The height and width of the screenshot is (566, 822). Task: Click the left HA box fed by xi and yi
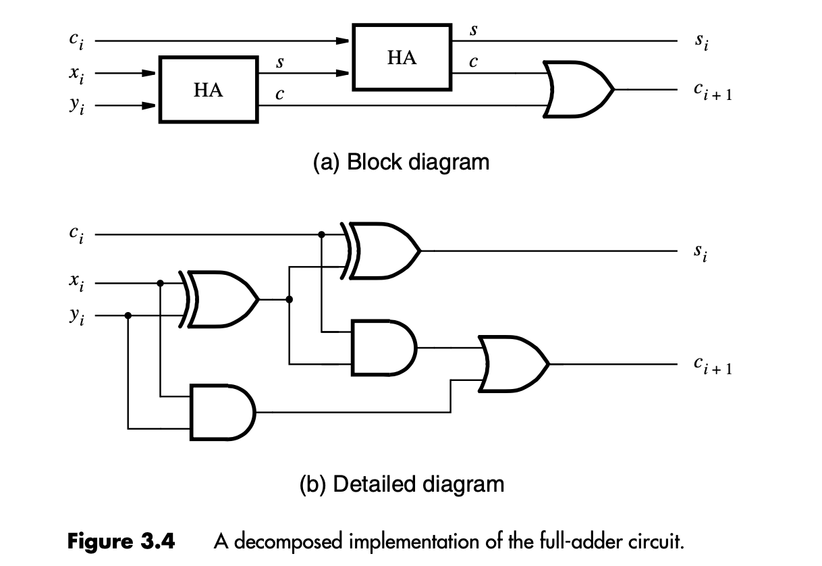pos(208,89)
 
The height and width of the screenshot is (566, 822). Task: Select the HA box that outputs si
pos(402,57)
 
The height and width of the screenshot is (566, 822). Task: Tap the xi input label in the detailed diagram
pos(76,284)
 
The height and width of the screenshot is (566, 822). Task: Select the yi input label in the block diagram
pos(76,106)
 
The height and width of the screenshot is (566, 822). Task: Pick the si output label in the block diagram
pos(702,42)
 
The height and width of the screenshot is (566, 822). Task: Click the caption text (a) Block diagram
pos(401,162)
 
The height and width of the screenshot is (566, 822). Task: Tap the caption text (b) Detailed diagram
pos(402,484)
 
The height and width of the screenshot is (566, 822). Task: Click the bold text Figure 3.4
pos(121,541)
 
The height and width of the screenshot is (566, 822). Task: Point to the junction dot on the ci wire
pos(322,234)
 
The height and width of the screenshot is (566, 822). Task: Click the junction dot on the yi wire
pos(128,315)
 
